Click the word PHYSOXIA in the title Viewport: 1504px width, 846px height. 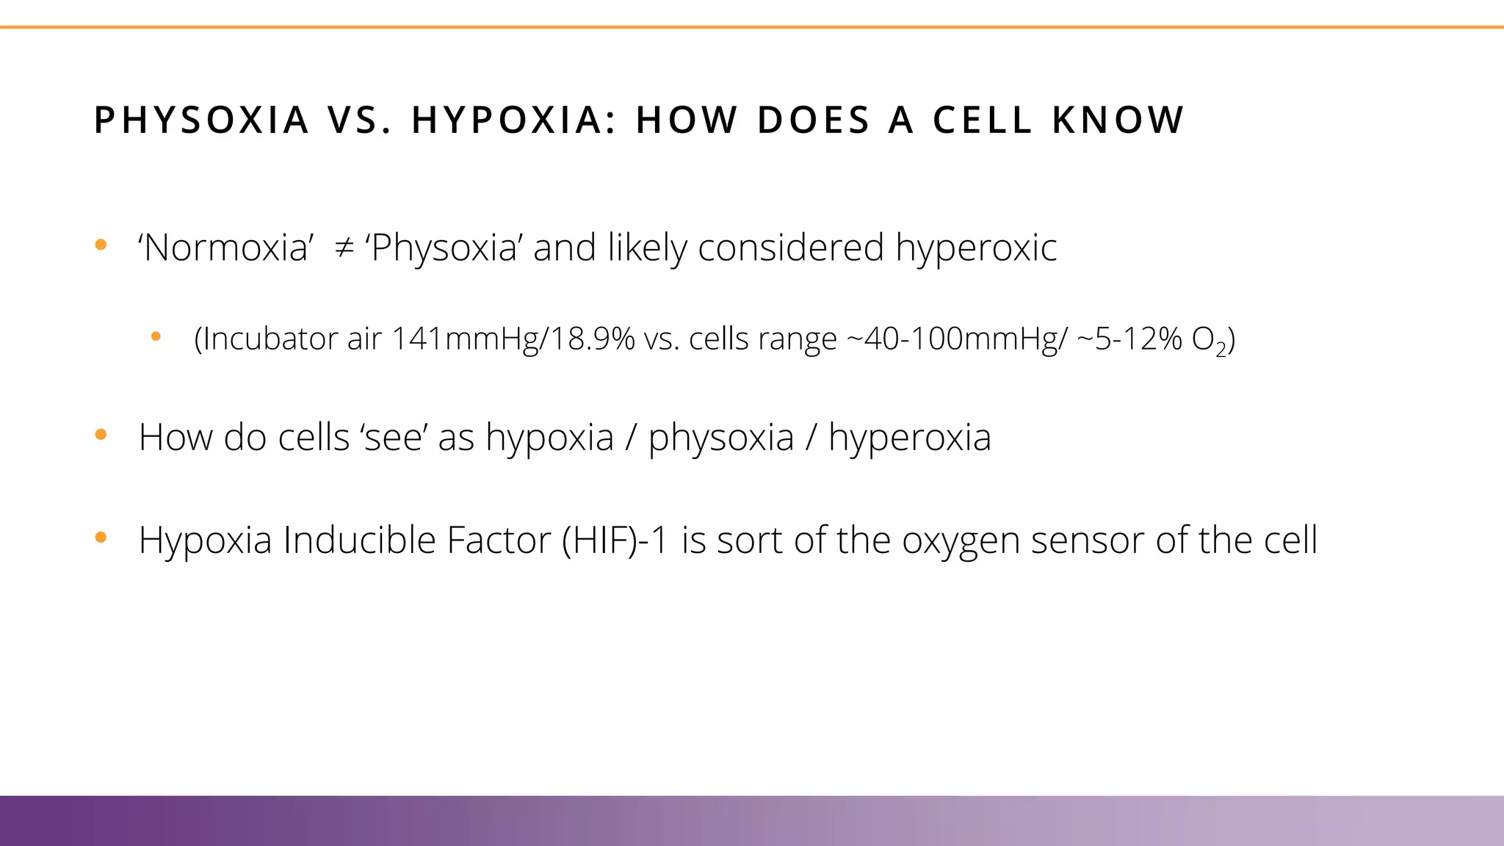201,120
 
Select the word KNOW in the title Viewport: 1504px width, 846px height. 1118,120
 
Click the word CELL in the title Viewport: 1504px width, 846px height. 983,120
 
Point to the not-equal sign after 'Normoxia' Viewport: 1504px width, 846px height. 344,248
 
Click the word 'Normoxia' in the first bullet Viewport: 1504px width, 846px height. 226,248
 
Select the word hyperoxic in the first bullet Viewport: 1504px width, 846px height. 976,248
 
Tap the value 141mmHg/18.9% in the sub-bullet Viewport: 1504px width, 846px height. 513,339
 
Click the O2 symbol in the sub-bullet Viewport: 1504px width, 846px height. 1209,341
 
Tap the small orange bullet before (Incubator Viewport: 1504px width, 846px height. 156,337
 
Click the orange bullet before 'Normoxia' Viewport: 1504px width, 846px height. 101,245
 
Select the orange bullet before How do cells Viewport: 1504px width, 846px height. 101,435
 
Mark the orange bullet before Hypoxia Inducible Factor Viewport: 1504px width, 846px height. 101,538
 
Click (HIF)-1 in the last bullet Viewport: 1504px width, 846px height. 615,540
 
